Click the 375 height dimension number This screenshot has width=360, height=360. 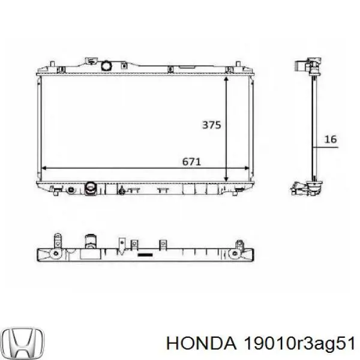pyautogui.click(x=211, y=125)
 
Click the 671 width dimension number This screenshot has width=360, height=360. pyautogui.click(x=191, y=162)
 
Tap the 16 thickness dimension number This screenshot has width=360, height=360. pyautogui.click(x=331, y=139)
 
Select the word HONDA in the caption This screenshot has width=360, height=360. pyautogui.click(x=202, y=344)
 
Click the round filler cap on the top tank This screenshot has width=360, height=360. pyautogui.click(x=106, y=65)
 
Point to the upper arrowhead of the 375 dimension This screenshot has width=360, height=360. pyautogui.click(x=226, y=79)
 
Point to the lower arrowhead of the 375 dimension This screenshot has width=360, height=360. pyautogui.click(x=226, y=179)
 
